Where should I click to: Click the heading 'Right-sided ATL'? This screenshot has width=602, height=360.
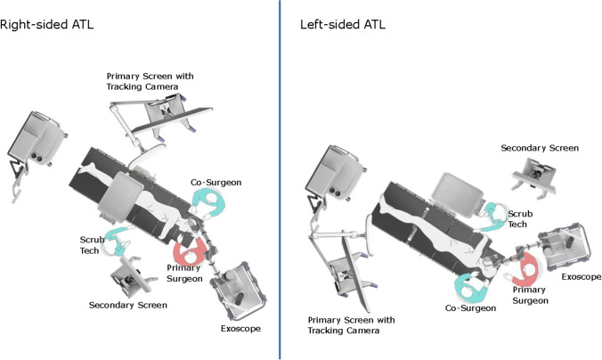coord(46,24)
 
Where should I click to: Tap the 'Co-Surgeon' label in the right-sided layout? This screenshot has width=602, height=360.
coord(216,182)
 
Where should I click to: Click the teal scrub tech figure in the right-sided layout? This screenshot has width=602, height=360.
coord(115,241)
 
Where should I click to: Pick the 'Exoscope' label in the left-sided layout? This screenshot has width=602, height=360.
coord(581,277)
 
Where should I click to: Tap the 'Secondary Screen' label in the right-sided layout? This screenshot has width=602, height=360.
coord(128,306)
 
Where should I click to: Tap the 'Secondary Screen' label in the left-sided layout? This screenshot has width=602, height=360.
coord(540,148)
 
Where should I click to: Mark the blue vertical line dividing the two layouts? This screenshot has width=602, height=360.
coord(280,178)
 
